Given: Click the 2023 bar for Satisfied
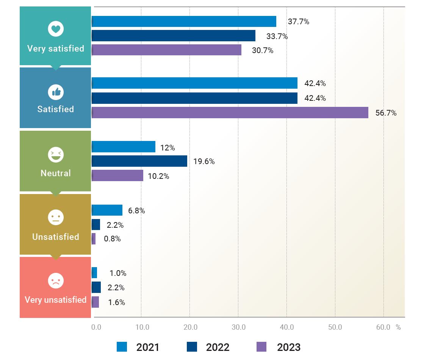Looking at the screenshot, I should coord(230,113).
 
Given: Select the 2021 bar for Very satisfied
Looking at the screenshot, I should coord(184,22).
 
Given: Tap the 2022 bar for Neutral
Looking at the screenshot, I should coord(139,161).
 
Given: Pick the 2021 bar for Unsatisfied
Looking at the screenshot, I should coord(107,210).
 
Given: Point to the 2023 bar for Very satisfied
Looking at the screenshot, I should coord(166,50).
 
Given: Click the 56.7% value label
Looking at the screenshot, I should coord(386,113).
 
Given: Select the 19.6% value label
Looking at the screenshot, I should coord(204,161).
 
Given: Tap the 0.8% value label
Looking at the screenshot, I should coord(112,239).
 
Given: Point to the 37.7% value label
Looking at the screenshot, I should coord(298,22).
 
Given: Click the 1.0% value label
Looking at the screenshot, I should coord(118,273).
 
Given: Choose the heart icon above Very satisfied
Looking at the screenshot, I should coord(56,28).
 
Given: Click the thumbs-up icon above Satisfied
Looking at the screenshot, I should coord(56,92).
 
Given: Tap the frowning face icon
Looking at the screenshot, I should coord(56,281).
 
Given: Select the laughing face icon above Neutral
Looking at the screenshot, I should coord(56,155).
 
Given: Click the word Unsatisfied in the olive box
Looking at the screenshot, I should coord(56,237).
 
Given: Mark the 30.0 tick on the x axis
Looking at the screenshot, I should coord(239,327).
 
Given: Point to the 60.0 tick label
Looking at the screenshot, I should coord(383,327).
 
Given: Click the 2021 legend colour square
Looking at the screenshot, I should coord(122,347).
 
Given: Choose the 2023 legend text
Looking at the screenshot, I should coord(288,347).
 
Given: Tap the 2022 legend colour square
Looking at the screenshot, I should coord(192,347).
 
